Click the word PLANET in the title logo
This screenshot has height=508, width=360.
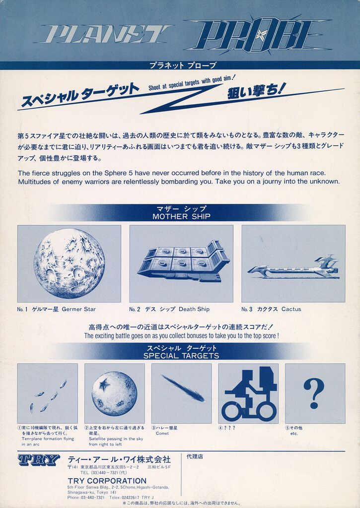click(x=104, y=34)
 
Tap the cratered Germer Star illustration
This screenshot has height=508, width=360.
click(x=70, y=263)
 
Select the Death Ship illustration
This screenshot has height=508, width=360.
click(x=183, y=261)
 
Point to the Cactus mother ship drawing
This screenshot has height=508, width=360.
click(x=293, y=269)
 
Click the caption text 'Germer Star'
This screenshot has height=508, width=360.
click(x=79, y=309)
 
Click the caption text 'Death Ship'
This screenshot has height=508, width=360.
click(x=194, y=309)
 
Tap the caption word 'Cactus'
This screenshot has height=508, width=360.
click(x=291, y=309)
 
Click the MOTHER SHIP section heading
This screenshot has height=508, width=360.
click(x=181, y=216)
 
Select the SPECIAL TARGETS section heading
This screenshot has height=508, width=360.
click(x=181, y=356)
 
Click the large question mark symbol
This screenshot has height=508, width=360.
click(x=314, y=393)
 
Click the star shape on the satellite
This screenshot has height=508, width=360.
click(x=104, y=384)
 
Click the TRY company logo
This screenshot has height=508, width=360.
click(x=39, y=460)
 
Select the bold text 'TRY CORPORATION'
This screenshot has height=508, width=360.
click(x=107, y=481)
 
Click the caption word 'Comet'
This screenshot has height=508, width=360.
click(x=162, y=433)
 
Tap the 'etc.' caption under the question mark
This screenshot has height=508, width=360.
click(x=294, y=433)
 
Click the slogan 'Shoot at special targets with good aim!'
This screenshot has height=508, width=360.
click(x=192, y=82)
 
